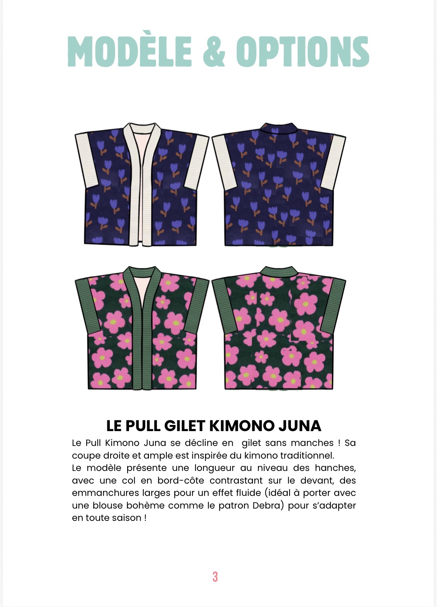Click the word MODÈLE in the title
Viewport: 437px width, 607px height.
[129, 51]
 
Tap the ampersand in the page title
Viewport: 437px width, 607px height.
[214, 51]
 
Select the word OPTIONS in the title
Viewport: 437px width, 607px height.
[303, 51]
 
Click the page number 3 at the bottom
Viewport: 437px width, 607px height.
[215, 576]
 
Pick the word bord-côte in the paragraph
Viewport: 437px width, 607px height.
[180, 480]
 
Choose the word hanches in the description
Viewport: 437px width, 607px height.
[335, 468]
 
